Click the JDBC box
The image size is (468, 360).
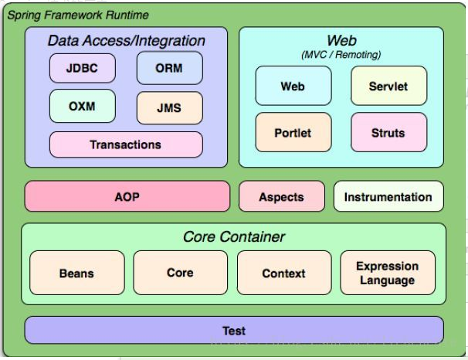pos(83,68)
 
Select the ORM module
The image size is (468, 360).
pos(170,68)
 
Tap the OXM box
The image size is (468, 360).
pos(83,106)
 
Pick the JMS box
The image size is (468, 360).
pos(170,107)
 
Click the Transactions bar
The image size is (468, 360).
pos(126,144)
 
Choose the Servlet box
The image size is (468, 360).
pos(389,86)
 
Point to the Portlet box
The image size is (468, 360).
pos(293,132)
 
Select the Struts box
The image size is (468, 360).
pos(389,132)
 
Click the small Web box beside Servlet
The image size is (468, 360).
pos(293,86)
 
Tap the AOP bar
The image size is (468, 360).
pos(127,196)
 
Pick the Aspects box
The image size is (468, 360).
pos(282,196)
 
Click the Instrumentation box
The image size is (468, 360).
pos(388,196)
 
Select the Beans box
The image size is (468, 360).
pos(77,273)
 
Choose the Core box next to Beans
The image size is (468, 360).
pos(180,273)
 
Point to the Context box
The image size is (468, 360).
pos(284,273)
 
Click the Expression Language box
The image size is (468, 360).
pos(388,273)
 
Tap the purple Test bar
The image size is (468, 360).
pos(234,330)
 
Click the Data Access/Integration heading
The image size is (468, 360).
pos(127,41)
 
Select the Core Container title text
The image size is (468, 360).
pos(234,236)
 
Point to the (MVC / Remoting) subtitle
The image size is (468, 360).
pos(341,55)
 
